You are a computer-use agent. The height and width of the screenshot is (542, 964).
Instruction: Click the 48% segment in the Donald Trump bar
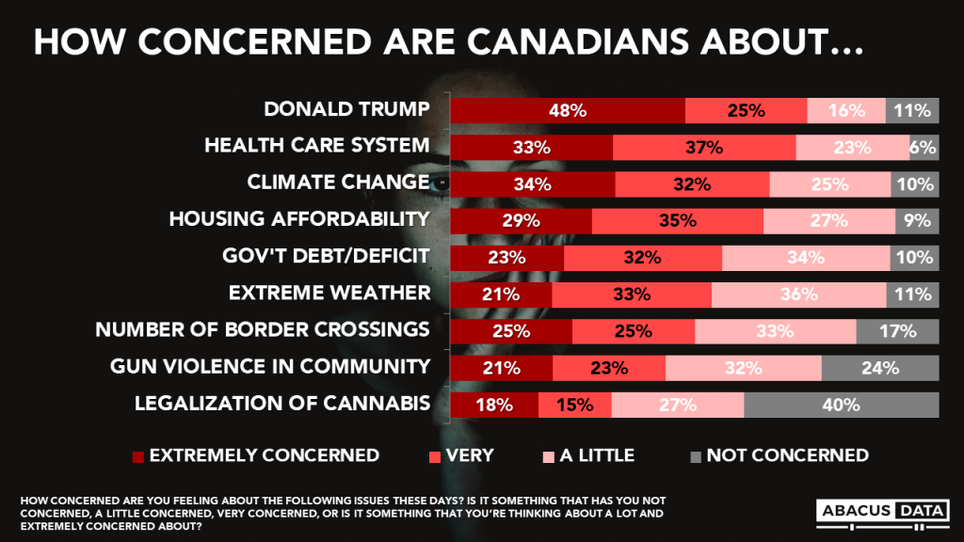pyautogui.click(x=569, y=110)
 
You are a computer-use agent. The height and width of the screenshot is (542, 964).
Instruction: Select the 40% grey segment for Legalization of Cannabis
pyautogui.click(x=841, y=405)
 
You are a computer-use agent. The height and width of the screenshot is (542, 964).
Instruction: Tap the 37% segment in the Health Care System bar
pyautogui.click(x=704, y=147)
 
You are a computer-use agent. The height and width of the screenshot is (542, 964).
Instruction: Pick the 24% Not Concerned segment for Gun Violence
pyautogui.click(x=879, y=368)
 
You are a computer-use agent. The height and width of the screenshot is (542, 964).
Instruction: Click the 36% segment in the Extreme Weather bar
pyautogui.click(x=798, y=294)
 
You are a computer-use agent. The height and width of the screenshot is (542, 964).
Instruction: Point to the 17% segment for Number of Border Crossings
pyautogui.click(x=897, y=331)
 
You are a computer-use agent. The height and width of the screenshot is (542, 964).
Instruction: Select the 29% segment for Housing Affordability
pyautogui.click(x=522, y=220)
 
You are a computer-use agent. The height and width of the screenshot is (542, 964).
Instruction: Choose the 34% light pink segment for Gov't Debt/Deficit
pyautogui.click(x=806, y=257)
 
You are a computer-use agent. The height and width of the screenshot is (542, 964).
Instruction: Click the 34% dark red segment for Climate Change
pyautogui.click(x=533, y=183)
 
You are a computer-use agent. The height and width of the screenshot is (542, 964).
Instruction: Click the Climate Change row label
pyautogui.click(x=338, y=183)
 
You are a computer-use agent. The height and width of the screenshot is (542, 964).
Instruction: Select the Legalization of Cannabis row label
pyautogui.click(x=282, y=404)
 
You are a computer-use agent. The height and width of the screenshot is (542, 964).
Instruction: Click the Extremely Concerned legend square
pyautogui.click(x=138, y=456)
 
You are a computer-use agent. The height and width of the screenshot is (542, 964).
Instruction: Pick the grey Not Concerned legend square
pyautogui.click(x=695, y=456)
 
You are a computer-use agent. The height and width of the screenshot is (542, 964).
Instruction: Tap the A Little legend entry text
pyautogui.click(x=597, y=455)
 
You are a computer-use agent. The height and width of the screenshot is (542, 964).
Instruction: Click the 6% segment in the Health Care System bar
pyautogui.click(x=924, y=147)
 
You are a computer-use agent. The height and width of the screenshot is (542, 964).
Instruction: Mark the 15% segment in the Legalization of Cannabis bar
pyautogui.click(x=574, y=405)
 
